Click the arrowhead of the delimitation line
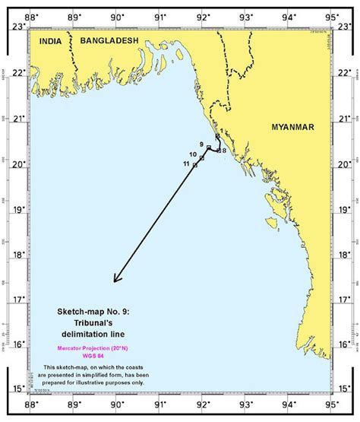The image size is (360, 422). (115, 281)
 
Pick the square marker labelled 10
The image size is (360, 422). (201, 157)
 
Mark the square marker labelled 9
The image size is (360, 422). (208, 147)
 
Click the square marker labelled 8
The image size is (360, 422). (218, 151)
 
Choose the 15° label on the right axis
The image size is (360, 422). (346, 389)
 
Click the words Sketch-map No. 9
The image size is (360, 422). (88, 312)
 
